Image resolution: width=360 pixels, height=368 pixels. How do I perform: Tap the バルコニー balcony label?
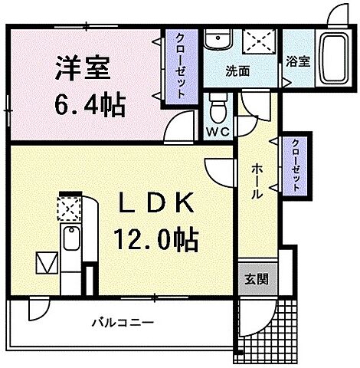119,322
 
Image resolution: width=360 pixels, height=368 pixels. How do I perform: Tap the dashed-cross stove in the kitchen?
68,208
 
